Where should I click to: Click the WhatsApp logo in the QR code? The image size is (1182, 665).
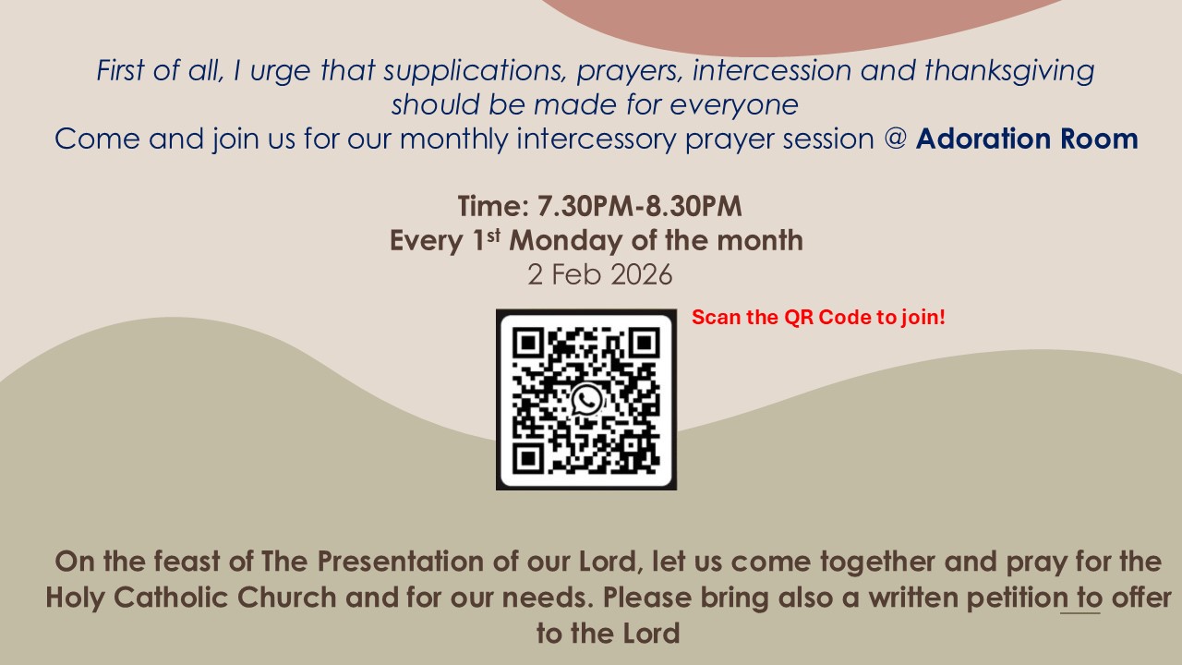(586, 400)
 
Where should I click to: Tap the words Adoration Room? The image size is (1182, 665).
(1026, 139)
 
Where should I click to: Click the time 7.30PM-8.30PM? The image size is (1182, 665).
(639, 206)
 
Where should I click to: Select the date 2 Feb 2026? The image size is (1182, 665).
(600, 274)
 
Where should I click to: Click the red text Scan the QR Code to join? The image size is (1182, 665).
(818, 317)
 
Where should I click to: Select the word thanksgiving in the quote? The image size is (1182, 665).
(1009, 71)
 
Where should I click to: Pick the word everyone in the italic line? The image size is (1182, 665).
(733, 105)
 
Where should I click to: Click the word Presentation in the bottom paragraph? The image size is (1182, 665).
(400, 561)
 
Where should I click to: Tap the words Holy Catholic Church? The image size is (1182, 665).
(191, 598)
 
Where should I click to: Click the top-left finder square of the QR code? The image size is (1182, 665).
(528, 343)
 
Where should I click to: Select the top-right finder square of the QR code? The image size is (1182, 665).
(645, 343)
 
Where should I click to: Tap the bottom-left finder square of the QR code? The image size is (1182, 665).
(528, 458)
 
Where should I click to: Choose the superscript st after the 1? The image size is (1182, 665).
(493, 236)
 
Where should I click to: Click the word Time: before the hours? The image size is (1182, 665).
(493, 206)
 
